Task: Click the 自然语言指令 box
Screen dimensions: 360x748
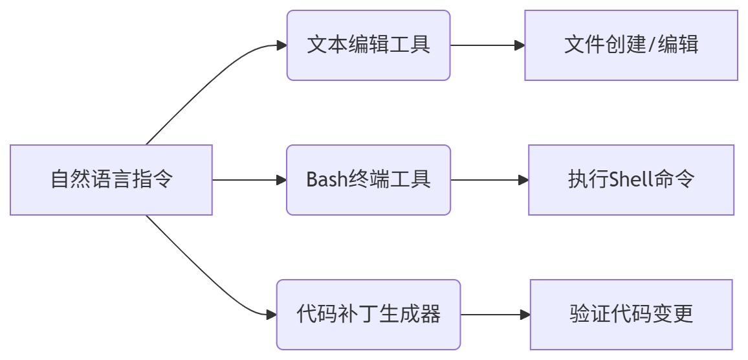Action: pos(111,180)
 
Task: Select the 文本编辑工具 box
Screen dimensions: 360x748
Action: pos(368,45)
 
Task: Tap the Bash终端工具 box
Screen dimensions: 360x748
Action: pos(368,180)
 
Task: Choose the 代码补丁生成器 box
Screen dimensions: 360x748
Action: pos(368,315)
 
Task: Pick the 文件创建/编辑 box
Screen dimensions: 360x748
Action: pos(631,45)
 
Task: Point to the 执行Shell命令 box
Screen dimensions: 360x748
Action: pos(631,180)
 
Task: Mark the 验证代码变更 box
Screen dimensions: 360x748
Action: pos(631,315)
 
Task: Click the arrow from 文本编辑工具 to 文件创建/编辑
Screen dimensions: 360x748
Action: pos(485,45)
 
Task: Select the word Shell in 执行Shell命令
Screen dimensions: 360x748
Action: pos(630,179)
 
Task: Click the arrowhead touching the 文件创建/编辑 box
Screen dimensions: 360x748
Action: pos(519,45)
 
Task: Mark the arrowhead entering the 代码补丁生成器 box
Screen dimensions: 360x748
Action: pos(271,315)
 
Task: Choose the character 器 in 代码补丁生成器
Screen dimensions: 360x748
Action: pos(432,315)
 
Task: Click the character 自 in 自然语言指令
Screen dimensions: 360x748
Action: pos(60,180)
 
